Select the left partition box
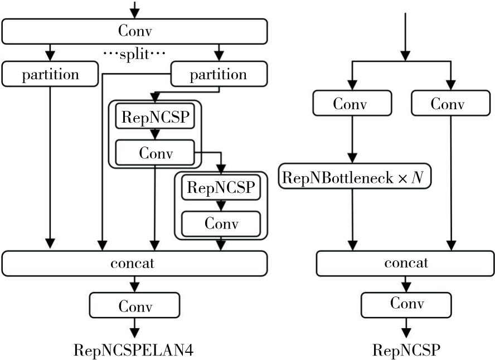(x=50, y=74)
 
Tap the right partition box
(x=219, y=74)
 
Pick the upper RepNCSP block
(x=154, y=118)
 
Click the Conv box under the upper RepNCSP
(x=154, y=152)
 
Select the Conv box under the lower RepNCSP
(x=221, y=223)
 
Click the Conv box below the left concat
(x=134, y=305)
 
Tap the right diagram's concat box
(x=405, y=263)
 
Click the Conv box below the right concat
(x=405, y=304)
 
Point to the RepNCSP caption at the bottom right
(x=406, y=350)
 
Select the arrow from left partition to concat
(x=51, y=167)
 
